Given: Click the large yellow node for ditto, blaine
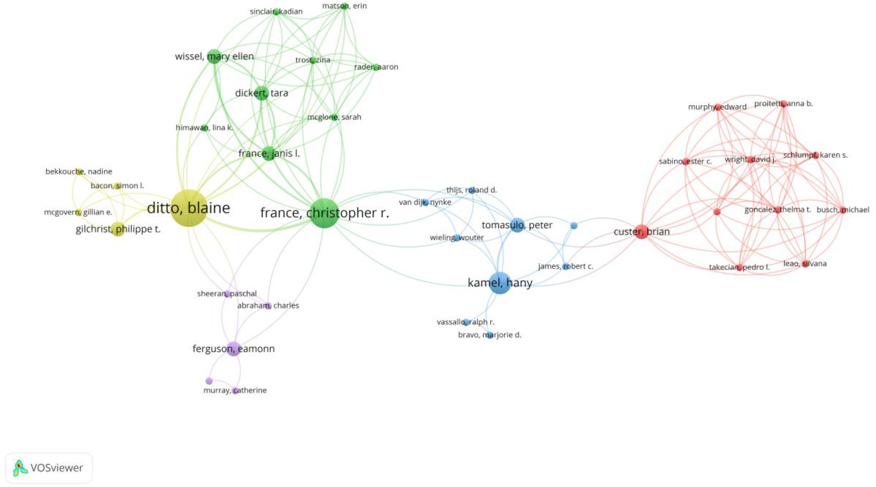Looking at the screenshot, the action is tap(188, 208).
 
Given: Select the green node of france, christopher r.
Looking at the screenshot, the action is tap(324, 213).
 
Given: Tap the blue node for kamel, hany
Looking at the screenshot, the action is tap(500, 282).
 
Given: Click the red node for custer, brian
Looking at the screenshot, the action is tap(641, 232).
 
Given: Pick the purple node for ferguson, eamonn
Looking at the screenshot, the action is tap(234, 349).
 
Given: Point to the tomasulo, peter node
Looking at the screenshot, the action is tap(517, 225).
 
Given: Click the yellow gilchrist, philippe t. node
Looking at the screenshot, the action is tap(118, 229).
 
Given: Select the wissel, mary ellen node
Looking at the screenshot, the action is tap(214, 56).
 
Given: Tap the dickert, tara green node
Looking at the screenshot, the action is tap(261, 93).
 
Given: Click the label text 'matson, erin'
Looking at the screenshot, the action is tap(345, 6).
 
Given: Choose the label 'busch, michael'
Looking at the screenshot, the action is tap(843, 210).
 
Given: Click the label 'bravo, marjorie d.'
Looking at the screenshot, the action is tap(490, 335).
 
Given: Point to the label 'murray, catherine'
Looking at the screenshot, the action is tap(235, 390).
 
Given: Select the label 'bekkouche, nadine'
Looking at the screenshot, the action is tap(79, 171).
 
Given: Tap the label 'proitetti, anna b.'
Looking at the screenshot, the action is tap(783, 104).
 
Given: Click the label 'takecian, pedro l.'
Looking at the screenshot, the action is tap(739, 267).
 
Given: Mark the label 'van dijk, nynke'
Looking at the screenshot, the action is tap(425, 202).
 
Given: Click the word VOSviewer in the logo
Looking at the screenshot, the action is tap(57, 468).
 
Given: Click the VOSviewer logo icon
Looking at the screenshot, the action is tap(19, 468).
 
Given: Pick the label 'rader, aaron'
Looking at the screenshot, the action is tap(376, 67).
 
